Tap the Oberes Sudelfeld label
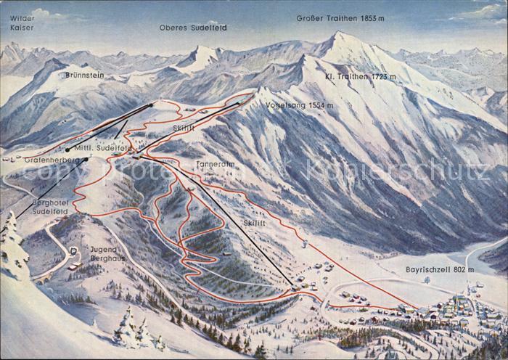pos(193,28)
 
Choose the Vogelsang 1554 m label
pos(299,105)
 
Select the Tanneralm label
pos(216,165)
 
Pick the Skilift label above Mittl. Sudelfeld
pos(183,126)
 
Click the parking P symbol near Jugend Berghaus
pos(74,250)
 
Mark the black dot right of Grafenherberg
pos(86,159)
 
